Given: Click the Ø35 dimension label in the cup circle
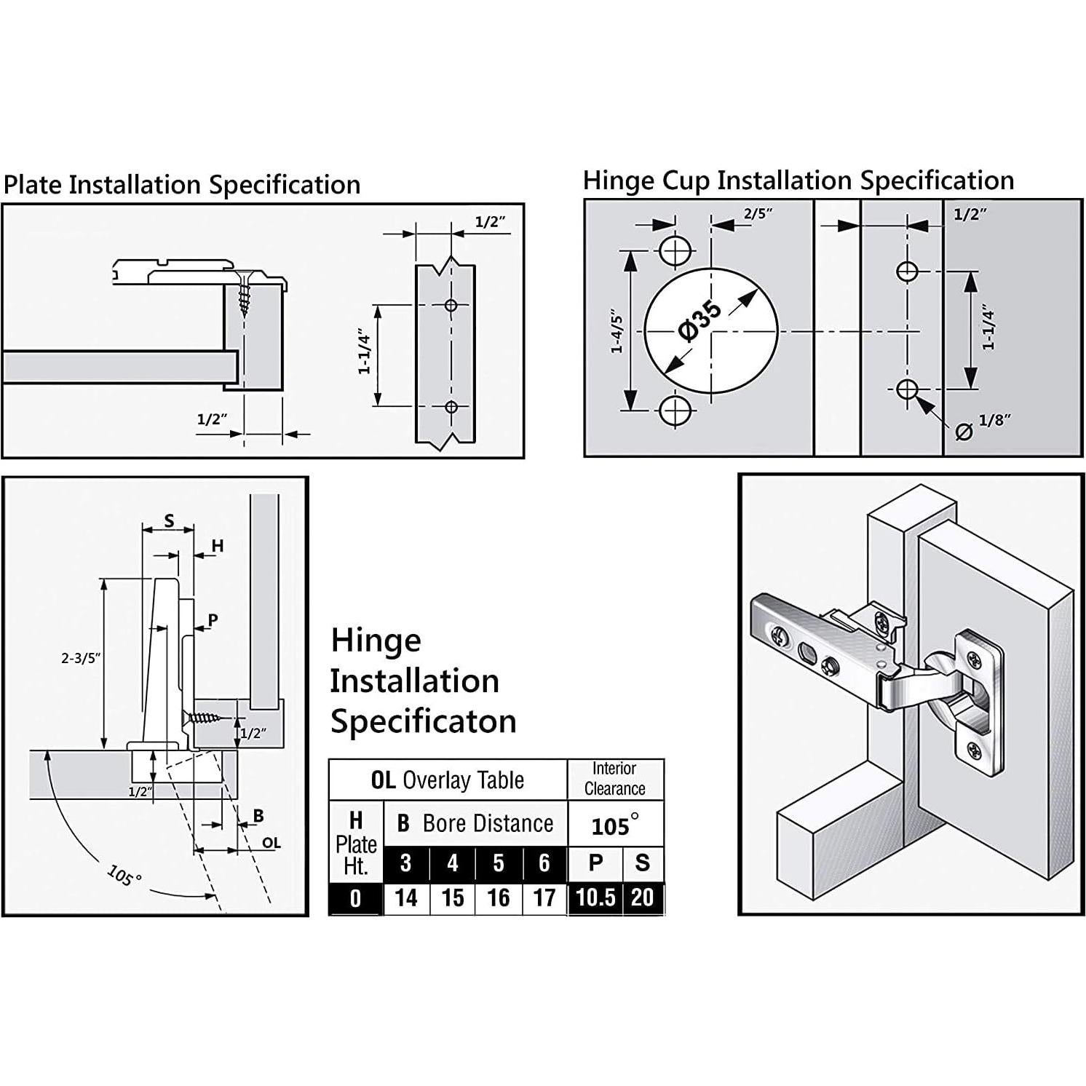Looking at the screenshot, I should click(x=700, y=321).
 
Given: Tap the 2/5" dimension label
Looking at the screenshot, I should click(x=758, y=213).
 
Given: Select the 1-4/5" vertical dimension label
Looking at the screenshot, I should click(x=617, y=332).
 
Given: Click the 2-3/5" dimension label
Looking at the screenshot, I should click(x=80, y=658).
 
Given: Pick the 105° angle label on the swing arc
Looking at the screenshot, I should click(x=124, y=875).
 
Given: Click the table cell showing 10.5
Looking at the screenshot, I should click(x=595, y=897).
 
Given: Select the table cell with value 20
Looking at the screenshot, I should click(x=642, y=897).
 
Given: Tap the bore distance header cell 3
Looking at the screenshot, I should click(x=406, y=863).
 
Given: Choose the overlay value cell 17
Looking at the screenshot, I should click(x=544, y=897).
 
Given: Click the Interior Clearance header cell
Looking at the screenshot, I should click(x=615, y=779).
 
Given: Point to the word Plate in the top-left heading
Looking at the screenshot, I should click(x=32, y=185).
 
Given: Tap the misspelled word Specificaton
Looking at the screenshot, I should click(x=424, y=721).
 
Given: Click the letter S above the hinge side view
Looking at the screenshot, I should click(x=169, y=520).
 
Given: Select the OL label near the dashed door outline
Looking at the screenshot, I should click(x=271, y=843).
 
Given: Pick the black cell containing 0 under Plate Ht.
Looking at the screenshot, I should click(x=355, y=898).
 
